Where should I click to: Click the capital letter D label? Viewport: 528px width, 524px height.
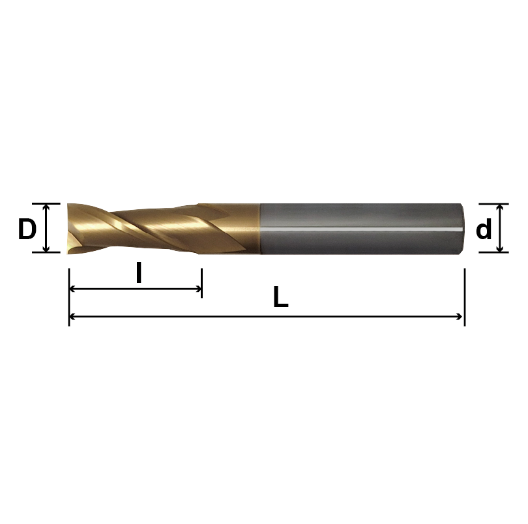point(27,229)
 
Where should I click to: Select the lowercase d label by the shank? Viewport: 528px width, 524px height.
point(484,229)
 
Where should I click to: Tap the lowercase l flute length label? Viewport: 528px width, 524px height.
point(138,273)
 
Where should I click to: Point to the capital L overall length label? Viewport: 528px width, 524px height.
point(280,298)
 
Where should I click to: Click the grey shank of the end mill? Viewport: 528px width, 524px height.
point(359,228)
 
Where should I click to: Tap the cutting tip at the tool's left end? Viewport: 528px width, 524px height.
point(70,228)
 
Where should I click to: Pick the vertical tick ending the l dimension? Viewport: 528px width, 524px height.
point(201,284)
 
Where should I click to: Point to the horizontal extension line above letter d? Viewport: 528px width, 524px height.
point(493,203)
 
